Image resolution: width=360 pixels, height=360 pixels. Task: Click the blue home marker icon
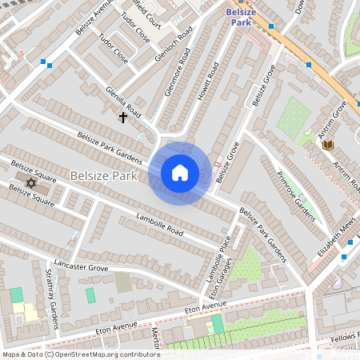[180, 173]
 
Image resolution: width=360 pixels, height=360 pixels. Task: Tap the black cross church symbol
[123, 118]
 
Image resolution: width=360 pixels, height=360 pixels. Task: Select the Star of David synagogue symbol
[31, 183]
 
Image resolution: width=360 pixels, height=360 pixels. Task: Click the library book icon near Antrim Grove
[327, 144]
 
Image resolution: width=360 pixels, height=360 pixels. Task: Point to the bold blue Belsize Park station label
[240, 16]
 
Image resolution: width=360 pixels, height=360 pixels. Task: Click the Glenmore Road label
[178, 74]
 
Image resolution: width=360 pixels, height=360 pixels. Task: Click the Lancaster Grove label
[81, 266]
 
